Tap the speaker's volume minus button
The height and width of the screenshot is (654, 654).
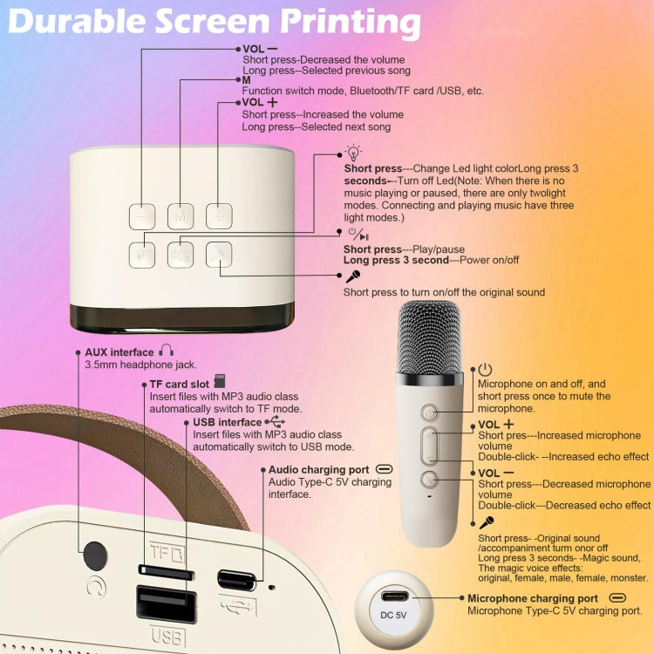point(142,216)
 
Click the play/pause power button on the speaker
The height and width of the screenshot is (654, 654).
point(181,253)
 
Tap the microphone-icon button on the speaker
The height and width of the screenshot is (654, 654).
point(219,253)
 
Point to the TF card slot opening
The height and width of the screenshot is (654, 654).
point(166,570)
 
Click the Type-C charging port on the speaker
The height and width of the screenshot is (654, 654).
point(237,578)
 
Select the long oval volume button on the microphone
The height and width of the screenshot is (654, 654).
point(430,446)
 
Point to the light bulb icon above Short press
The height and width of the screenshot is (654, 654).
point(353,153)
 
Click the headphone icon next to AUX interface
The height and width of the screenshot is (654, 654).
point(166,352)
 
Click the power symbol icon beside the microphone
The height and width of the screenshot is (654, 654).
point(486,370)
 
